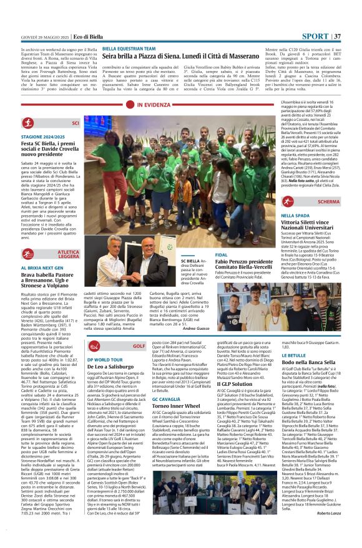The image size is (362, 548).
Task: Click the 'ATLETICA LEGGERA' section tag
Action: point(69,254)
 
